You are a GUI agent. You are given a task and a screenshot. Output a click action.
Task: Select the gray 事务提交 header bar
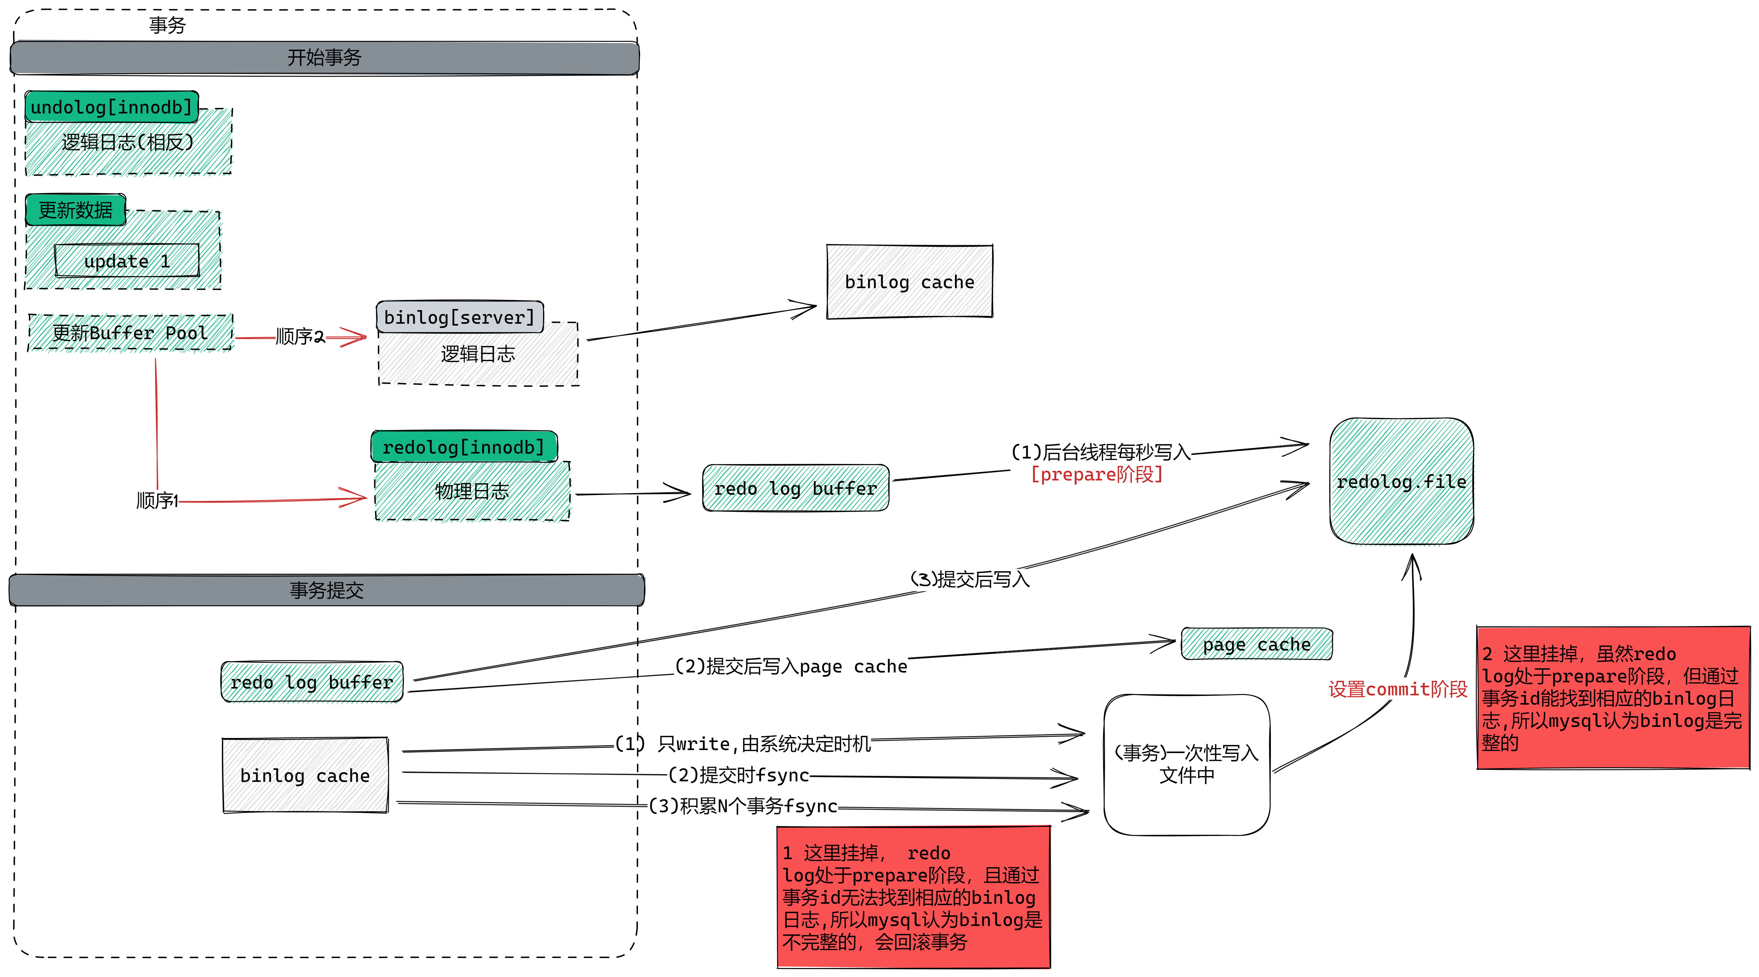point(326,590)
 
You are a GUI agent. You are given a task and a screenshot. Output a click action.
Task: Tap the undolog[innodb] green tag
point(111,107)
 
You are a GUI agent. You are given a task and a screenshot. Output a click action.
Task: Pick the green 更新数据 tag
point(76,210)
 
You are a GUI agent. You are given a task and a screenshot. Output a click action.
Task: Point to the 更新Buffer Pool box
point(130,333)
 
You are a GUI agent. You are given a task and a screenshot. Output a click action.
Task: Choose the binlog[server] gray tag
point(460,317)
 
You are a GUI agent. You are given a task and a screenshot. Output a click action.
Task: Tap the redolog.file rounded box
point(1401,482)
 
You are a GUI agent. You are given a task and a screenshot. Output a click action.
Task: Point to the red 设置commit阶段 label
point(1398,689)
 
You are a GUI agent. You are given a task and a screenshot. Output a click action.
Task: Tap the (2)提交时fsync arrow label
point(738,775)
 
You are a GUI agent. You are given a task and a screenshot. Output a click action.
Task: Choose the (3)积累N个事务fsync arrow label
point(743,806)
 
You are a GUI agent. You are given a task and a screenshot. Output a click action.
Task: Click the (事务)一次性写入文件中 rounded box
point(1187,765)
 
